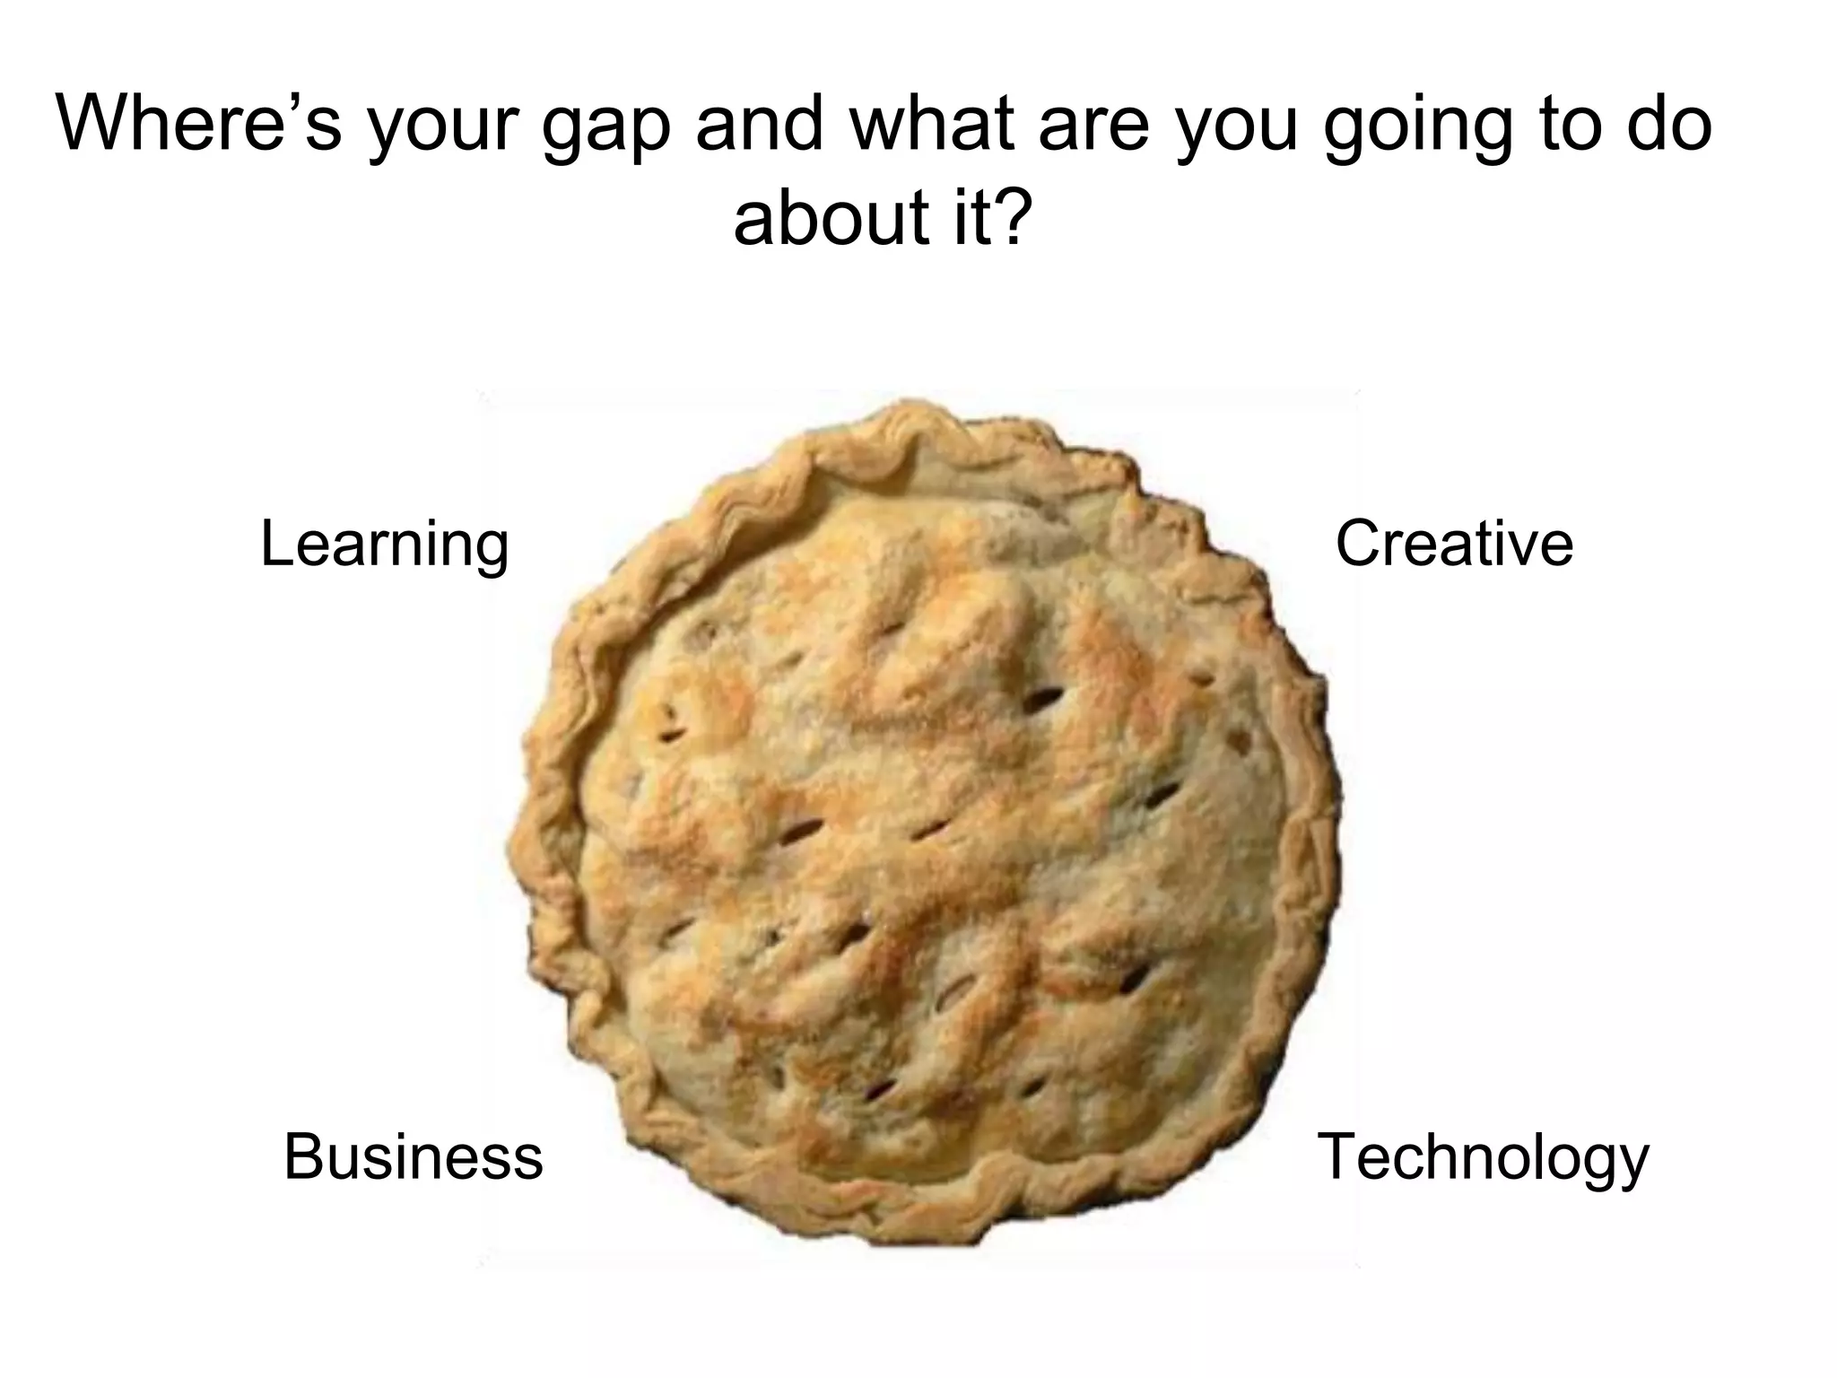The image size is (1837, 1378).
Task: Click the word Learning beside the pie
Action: pos(384,545)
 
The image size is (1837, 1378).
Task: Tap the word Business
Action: pos(413,1156)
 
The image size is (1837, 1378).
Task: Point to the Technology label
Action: pos(1482,1158)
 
